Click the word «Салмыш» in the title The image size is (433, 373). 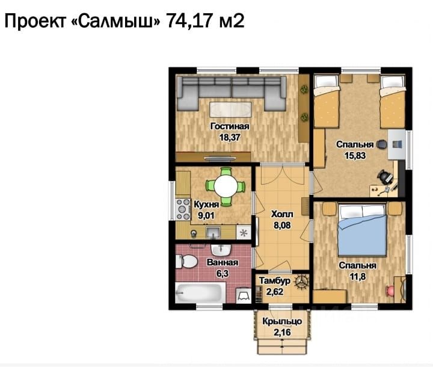(x=115, y=21)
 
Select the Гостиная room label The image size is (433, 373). (x=230, y=126)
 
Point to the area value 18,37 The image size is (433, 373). (x=230, y=137)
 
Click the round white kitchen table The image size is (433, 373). (x=226, y=186)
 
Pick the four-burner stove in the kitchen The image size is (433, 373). (x=183, y=209)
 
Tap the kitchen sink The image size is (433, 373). (x=213, y=232)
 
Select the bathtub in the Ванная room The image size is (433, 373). (x=200, y=292)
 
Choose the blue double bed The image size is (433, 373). (x=362, y=230)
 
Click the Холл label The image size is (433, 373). (x=282, y=214)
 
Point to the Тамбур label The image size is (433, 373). (x=275, y=281)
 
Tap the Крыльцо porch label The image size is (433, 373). (x=282, y=321)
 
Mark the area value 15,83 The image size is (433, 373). (x=355, y=156)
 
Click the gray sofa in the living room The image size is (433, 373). (x=232, y=93)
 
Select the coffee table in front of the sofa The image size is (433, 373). (x=230, y=109)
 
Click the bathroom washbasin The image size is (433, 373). (x=221, y=250)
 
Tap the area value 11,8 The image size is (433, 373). (x=358, y=276)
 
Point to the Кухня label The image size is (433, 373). (x=206, y=205)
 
